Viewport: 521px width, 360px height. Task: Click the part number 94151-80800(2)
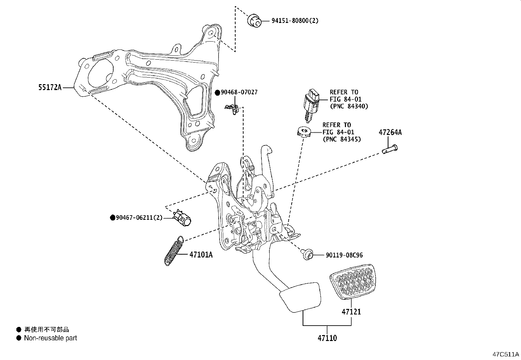[295, 21]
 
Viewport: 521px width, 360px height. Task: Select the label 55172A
[50, 87]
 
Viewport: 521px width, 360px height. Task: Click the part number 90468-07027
[239, 92]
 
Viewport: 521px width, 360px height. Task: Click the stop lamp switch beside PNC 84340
[312, 102]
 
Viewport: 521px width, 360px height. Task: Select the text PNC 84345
[341, 139]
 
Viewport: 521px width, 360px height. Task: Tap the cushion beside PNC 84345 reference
[303, 132]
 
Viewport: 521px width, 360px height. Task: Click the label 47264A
[390, 132]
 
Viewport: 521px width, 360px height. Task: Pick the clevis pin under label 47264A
[389, 149]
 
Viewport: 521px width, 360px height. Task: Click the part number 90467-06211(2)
[139, 218]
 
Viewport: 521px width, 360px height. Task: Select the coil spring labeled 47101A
[173, 250]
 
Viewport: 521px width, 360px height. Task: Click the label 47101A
[201, 255]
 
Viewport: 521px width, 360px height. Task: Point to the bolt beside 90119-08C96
[308, 254]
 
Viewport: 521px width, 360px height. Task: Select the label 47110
[327, 338]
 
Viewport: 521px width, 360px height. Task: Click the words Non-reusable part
[50, 338]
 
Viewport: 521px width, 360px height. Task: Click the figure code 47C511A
[506, 354]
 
